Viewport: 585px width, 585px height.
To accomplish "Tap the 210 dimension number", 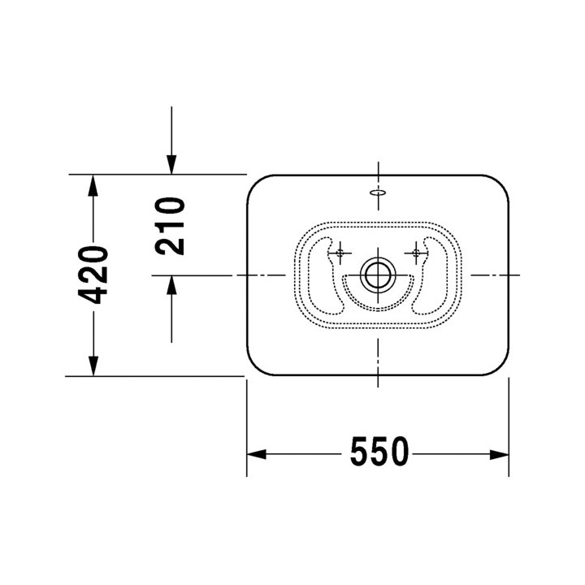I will (171, 225).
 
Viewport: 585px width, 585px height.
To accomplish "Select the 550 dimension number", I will (379, 453).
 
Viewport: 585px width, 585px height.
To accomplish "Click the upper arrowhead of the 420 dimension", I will (94, 185).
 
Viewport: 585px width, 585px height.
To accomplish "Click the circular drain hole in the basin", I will (378, 275).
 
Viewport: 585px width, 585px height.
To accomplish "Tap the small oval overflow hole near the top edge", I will (378, 193).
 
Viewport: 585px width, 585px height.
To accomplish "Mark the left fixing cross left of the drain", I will (339, 253).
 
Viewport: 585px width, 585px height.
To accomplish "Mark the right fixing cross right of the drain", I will (418, 253).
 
